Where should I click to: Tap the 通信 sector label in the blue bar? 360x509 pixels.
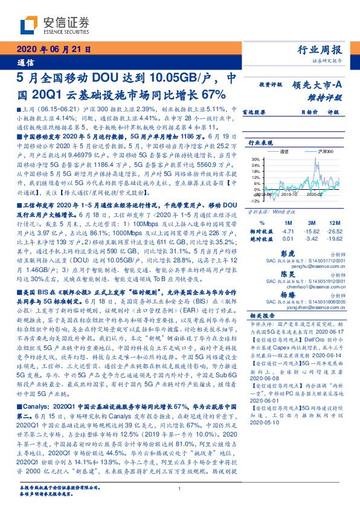click(25, 62)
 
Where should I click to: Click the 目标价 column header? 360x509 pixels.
click(309, 111)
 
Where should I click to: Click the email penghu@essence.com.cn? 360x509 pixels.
click(320, 264)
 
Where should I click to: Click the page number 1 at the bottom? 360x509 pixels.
click(180, 489)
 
